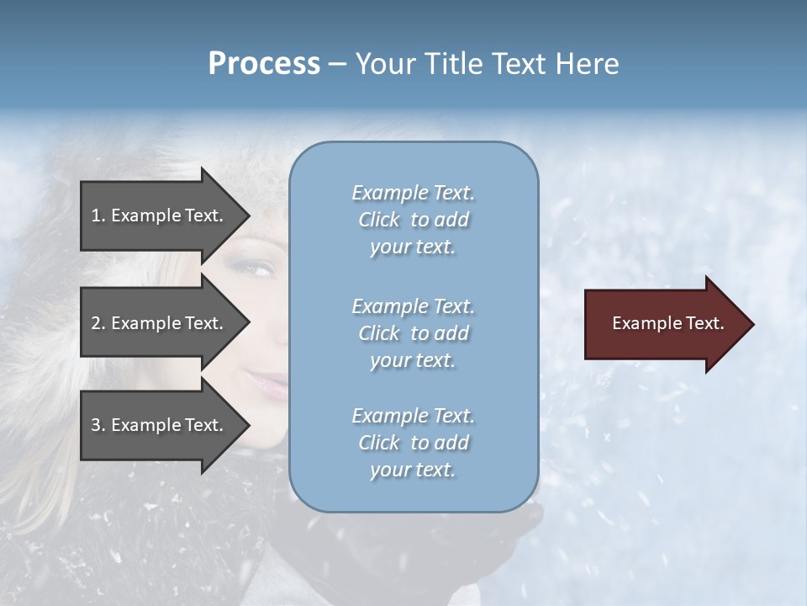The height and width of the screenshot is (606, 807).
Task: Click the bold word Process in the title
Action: pos(264,64)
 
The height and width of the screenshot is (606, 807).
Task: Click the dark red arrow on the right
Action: pos(664,324)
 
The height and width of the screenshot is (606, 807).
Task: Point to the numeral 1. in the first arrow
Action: pos(98,215)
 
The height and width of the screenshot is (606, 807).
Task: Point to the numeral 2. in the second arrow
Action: pos(98,323)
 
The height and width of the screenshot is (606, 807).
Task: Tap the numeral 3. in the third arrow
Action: pos(98,425)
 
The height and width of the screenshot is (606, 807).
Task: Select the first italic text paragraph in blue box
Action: pos(413,220)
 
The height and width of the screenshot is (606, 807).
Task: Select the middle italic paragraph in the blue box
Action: pos(413,333)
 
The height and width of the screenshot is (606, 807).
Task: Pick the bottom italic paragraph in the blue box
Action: pos(413,443)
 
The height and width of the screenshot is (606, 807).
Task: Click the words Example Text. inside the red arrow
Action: pos(667,323)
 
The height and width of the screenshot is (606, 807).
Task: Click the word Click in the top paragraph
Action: pos(378,220)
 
